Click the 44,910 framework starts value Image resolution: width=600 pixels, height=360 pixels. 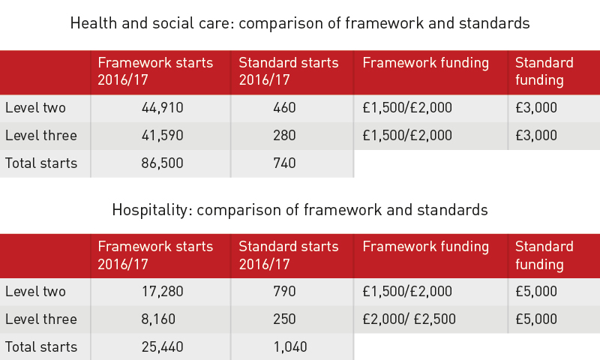click(162, 108)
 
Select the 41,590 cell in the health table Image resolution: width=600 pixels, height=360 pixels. click(162, 136)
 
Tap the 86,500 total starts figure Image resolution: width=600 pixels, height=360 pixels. click(162, 163)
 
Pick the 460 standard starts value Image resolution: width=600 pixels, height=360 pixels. click(284, 108)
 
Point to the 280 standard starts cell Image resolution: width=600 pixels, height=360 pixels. click(284, 136)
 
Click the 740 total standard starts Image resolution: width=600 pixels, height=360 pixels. click(284, 163)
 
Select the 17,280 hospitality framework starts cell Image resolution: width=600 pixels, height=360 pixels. click(162, 292)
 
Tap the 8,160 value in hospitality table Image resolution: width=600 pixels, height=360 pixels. click(158, 319)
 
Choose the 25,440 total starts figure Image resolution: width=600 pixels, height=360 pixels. click(162, 347)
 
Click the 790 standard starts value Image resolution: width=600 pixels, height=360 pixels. click(284, 292)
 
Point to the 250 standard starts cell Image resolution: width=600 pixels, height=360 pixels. click(284, 319)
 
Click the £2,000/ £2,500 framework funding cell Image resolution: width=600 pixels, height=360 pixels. click(409, 319)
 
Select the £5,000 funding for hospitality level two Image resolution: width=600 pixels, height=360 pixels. click(536, 292)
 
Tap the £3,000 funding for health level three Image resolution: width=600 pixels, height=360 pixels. click(536, 136)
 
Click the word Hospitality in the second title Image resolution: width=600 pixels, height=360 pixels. click(151, 210)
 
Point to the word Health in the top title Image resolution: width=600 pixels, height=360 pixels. click(94, 23)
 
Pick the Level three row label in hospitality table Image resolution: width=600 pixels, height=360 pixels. click(41, 319)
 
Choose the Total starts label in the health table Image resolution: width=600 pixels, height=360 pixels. click(41, 163)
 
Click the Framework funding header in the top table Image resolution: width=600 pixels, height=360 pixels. click(425, 63)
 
